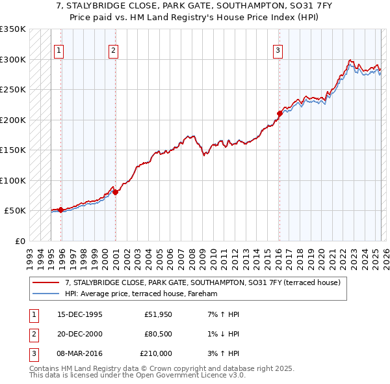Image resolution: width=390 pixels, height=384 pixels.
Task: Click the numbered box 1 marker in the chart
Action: (x=58, y=51)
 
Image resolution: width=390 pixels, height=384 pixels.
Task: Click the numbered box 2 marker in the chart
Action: (x=113, y=51)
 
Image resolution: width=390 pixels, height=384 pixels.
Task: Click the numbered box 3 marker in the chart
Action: (x=278, y=51)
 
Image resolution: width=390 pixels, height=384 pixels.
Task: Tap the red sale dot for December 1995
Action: (x=60, y=210)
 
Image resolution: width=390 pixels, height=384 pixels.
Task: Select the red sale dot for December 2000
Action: (x=115, y=192)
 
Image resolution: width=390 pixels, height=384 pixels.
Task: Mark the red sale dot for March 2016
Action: (x=279, y=113)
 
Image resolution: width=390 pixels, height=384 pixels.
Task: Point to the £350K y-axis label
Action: (x=12, y=29)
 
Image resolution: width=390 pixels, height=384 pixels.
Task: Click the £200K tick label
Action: (x=12, y=120)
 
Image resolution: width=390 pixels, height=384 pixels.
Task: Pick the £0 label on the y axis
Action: (x=19, y=241)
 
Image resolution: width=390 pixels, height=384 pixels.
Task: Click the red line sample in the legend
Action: (x=45, y=282)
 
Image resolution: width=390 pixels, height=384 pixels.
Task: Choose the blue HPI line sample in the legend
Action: (x=45, y=294)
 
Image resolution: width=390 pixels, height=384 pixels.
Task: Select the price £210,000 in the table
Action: (x=156, y=353)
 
